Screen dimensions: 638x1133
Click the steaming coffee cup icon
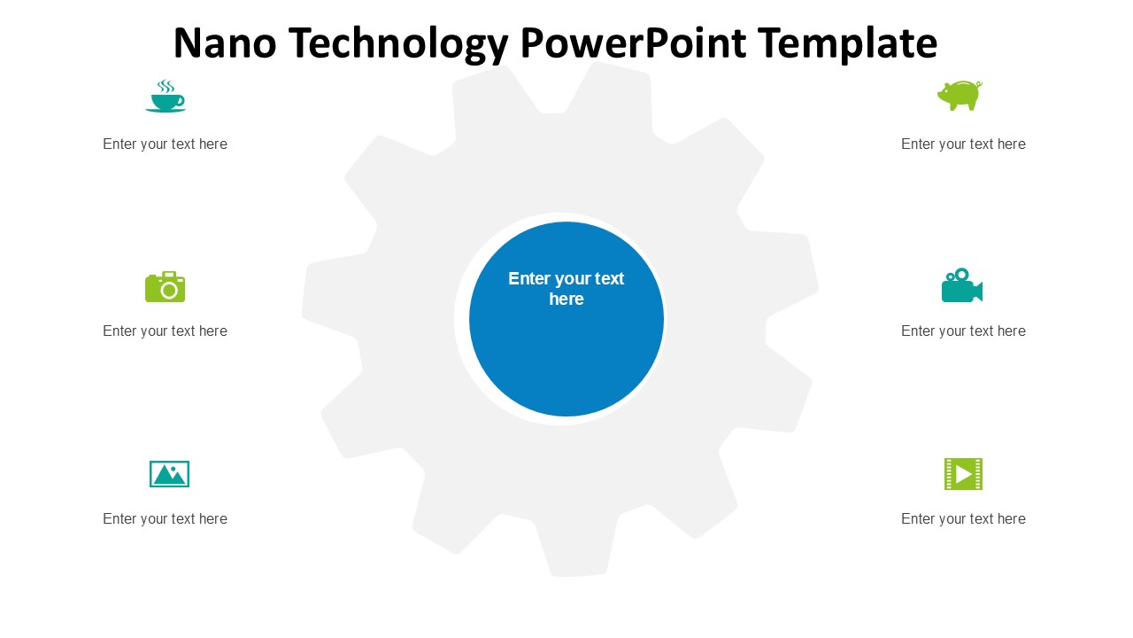point(166,97)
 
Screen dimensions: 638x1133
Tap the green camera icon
point(166,287)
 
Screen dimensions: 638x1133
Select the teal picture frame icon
point(169,474)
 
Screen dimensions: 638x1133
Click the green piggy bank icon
point(960,95)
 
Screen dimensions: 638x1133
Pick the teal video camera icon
point(961,285)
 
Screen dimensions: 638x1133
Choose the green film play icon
point(963,474)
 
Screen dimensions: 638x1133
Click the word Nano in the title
point(225,43)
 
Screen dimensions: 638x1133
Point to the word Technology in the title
point(398,43)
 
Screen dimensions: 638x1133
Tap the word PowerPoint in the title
point(634,43)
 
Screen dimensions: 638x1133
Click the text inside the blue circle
point(566,289)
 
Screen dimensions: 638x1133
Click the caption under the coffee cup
point(165,144)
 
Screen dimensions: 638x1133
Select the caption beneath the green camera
point(165,331)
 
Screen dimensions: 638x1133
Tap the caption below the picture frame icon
point(165,519)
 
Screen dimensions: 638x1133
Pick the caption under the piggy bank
point(963,144)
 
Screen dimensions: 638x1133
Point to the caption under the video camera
point(963,331)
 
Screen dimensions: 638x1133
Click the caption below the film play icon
point(963,519)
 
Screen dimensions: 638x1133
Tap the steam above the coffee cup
point(165,86)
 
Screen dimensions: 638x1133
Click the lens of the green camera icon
point(169,290)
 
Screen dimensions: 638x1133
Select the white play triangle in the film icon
point(964,474)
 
